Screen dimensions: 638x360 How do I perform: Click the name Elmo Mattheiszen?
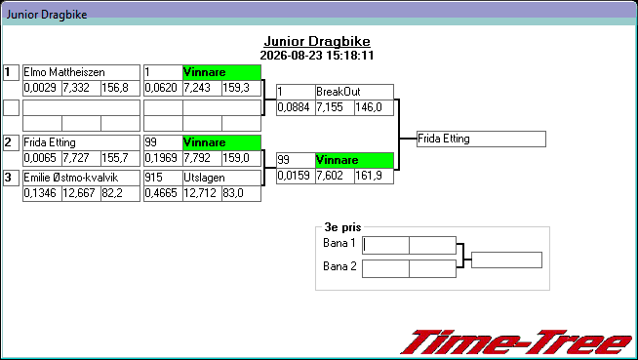click(64, 72)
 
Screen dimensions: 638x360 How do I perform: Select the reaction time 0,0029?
click(40, 88)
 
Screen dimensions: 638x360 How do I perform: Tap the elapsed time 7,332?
click(76, 88)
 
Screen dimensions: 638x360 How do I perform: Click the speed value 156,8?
click(115, 88)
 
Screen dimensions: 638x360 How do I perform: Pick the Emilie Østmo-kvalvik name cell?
click(81, 178)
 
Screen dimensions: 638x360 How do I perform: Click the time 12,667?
click(79, 193)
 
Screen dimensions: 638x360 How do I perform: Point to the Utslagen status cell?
click(221, 178)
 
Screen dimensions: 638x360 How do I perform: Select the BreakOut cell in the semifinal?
click(354, 92)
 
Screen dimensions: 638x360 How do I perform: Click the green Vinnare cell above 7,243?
click(221, 72)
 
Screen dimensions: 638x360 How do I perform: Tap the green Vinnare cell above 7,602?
click(354, 160)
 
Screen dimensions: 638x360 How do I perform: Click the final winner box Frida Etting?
click(481, 140)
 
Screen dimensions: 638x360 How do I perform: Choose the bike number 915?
click(153, 178)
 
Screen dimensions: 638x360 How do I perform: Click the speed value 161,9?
click(369, 176)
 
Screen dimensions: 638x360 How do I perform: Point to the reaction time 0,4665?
click(161, 193)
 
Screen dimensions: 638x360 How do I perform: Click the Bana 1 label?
click(339, 243)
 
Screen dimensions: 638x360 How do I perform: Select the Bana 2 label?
click(339, 266)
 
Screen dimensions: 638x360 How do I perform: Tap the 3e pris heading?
click(342, 227)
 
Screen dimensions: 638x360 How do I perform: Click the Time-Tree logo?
click(517, 342)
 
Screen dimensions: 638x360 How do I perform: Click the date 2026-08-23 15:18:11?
click(317, 56)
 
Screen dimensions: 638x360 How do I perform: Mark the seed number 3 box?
click(11, 178)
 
